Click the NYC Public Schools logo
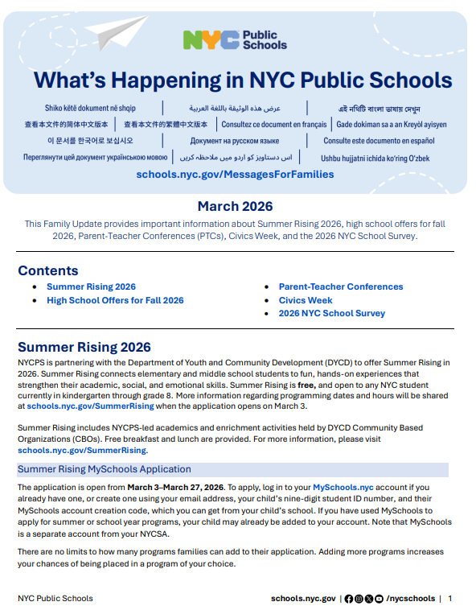[235, 40]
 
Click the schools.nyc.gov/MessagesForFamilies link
[235, 174]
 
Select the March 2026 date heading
[235, 206]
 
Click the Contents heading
[48, 270]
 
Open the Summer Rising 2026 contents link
[91, 286]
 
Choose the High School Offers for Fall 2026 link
[115, 300]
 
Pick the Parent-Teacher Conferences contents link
[341, 286]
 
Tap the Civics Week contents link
[306, 300]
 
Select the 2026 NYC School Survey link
[331, 313]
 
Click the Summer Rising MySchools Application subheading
[105, 469]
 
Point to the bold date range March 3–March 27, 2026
[174, 488]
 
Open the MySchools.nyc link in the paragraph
[343, 488]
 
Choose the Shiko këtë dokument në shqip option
[90, 108]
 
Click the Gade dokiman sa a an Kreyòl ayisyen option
[391, 125]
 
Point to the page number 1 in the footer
[450, 598]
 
